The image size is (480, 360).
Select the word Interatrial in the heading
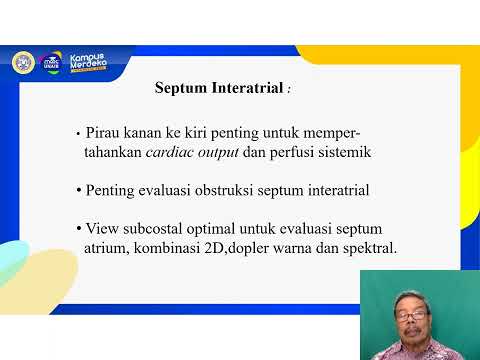[246, 88]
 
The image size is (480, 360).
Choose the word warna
[297, 248]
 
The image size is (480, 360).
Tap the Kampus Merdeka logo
[88, 62]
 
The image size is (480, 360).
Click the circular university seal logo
[22, 62]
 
